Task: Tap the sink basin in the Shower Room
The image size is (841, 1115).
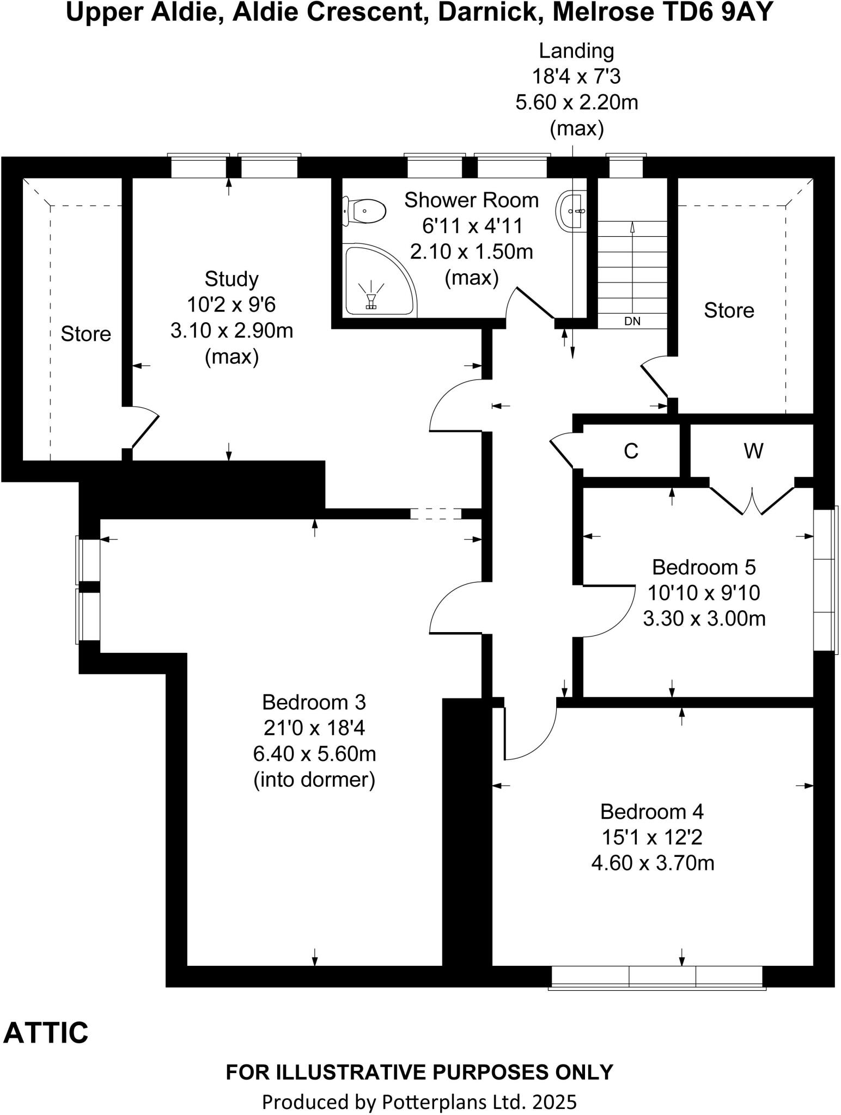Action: pos(572,211)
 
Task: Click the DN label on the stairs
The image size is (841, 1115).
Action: pos(632,321)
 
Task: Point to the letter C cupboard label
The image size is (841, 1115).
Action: pos(631,451)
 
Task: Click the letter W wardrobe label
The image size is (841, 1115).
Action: pos(753,451)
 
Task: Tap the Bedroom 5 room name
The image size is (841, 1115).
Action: pos(704,567)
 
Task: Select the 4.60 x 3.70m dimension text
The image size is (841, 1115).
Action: pos(653,863)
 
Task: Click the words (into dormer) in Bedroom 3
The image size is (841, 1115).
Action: pos(314,780)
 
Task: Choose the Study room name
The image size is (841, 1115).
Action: pos(231,279)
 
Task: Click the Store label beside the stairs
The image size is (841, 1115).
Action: pos(729,310)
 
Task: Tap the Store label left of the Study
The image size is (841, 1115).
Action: pos(86,334)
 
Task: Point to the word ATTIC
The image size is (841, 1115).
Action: pos(46,1033)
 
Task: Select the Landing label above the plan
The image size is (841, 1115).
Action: pos(576,51)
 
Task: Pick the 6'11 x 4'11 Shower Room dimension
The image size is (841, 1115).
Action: pos(471,225)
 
